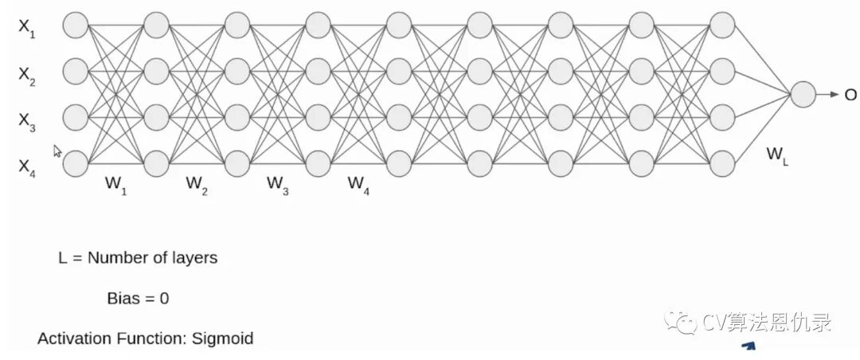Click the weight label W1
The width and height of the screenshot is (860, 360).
116,184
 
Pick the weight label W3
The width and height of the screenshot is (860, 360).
278,184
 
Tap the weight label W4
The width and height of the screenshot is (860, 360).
358,184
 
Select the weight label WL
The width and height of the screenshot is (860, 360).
778,156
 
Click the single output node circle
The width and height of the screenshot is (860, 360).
803,94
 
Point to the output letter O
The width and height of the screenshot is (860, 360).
850,95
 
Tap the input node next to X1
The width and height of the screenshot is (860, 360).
75,25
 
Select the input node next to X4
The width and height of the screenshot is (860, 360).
75,163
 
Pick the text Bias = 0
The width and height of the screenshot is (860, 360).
138,299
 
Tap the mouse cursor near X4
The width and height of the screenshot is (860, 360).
57,151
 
